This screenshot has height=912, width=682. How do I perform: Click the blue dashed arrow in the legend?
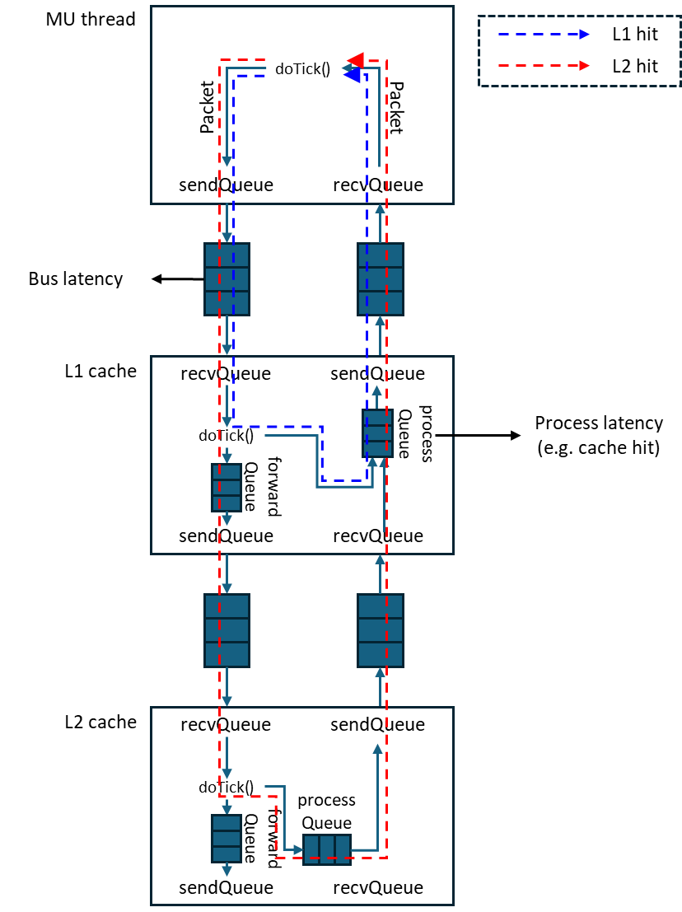(544, 35)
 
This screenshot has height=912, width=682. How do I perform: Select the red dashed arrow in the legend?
(544, 66)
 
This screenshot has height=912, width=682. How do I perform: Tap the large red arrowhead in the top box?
(356, 60)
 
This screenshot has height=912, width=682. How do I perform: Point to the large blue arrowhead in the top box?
(352, 76)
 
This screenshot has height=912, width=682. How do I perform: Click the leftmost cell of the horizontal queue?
(311, 849)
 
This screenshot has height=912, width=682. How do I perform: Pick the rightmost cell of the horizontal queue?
(342, 849)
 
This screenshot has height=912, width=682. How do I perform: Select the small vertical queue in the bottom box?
(227, 838)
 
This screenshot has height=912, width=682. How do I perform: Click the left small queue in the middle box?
(227, 487)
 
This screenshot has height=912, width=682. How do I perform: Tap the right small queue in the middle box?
(377, 433)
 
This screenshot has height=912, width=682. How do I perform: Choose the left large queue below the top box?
(227, 279)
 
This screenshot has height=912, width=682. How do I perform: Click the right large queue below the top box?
(381, 279)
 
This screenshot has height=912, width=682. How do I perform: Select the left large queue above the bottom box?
(227, 630)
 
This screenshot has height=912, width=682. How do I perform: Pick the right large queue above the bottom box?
(381, 630)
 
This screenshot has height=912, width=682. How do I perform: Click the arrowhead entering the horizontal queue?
(298, 849)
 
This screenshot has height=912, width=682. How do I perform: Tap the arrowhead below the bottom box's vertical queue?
(227, 871)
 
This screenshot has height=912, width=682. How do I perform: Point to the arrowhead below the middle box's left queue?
(227, 520)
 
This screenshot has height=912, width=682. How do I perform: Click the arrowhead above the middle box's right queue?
(377, 391)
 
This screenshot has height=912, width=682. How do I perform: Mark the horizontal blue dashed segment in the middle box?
(277, 427)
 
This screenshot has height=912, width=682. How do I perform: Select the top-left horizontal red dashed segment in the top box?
(242, 60)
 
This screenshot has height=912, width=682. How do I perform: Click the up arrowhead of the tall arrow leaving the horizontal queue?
(377, 749)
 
